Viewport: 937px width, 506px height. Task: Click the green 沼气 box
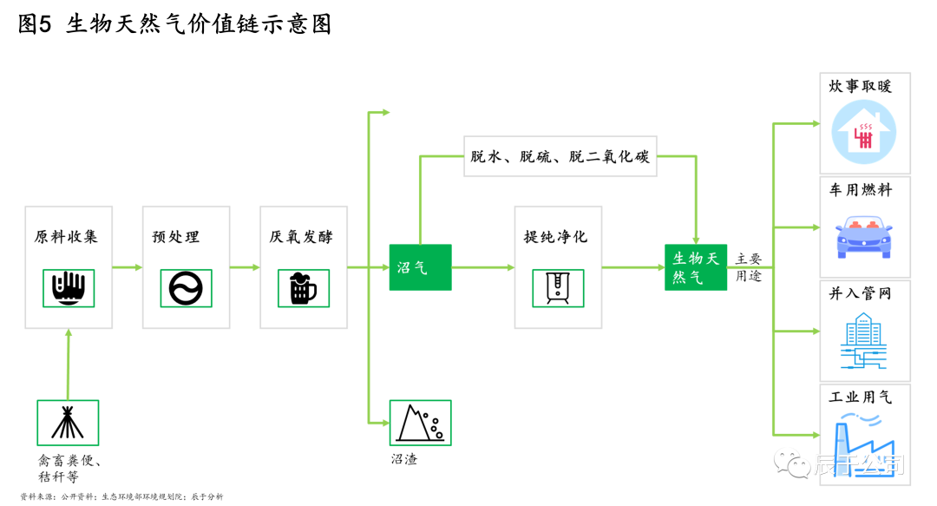[x=420, y=267]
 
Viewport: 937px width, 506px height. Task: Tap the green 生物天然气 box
[x=696, y=267]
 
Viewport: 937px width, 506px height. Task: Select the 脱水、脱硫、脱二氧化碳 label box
[x=560, y=156]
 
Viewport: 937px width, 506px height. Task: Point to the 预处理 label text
[x=175, y=237]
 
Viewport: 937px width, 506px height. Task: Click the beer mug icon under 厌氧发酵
[x=303, y=288]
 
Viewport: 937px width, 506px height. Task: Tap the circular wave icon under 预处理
[x=186, y=288]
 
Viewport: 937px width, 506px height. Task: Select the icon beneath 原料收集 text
[x=69, y=288]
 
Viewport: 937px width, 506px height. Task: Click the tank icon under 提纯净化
[x=558, y=288]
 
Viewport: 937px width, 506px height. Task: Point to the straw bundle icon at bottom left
[x=68, y=423]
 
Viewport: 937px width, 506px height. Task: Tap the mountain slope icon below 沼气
[x=420, y=423]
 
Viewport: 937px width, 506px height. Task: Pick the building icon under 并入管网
[x=864, y=340]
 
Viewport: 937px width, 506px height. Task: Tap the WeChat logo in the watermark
[x=791, y=463]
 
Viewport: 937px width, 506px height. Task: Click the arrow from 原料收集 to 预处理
[x=128, y=267]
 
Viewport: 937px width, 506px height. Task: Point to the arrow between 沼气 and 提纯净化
[x=482, y=267]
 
